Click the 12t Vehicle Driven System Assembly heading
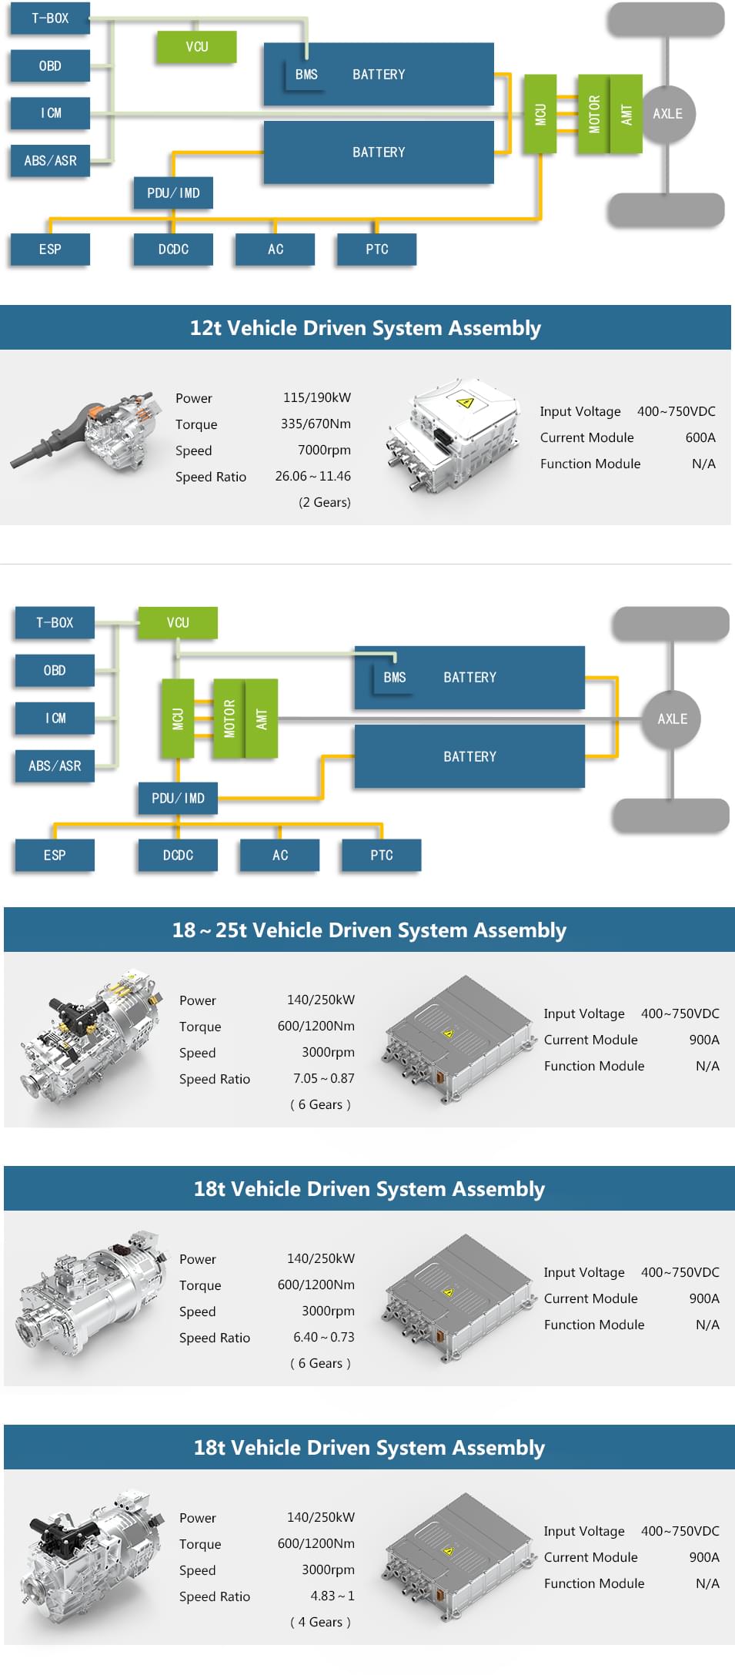366,328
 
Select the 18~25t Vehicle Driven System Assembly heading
369,930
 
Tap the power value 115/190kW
316,397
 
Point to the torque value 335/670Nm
316,424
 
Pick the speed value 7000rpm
324,450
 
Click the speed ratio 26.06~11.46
312,476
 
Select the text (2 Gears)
324,502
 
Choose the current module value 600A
700,437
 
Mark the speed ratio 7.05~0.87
323,1078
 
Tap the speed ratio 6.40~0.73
323,1337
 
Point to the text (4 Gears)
320,1622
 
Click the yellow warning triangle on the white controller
464,402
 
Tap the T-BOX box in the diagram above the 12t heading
50,18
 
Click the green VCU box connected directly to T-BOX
178,622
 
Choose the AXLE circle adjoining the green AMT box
667,114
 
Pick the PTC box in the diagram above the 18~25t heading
381,855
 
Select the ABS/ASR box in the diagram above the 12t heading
50,161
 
